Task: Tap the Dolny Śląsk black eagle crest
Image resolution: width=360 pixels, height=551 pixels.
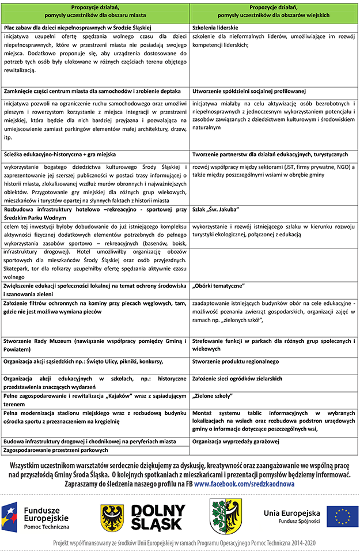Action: (112, 515)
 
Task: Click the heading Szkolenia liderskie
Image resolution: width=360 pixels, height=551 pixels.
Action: (215, 28)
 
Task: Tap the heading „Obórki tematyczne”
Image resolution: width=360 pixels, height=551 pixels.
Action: (218, 286)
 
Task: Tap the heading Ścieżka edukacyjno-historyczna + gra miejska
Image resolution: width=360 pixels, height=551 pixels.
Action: (60, 154)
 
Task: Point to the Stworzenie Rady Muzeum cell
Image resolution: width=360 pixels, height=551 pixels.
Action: (94, 344)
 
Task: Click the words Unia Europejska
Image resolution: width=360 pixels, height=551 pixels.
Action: (292, 512)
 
